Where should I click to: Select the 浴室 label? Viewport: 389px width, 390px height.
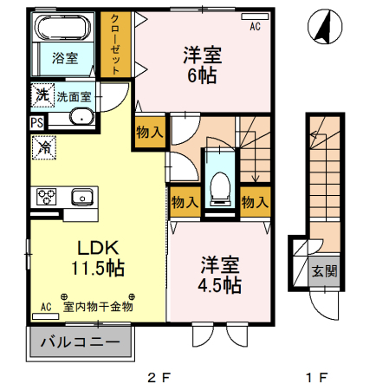point(64,59)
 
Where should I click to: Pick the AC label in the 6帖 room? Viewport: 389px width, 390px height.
point(255,27)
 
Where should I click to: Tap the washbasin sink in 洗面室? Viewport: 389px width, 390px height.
point(81,119)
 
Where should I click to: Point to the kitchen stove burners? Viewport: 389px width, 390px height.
point(45,197)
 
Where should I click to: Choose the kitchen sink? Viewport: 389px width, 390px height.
point(82,196)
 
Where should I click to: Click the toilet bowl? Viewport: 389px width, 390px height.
point(220,185)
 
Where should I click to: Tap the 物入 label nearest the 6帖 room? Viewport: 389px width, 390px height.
point(148,132)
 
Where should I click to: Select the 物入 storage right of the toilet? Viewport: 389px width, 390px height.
point(253,201)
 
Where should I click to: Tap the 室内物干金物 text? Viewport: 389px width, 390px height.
point(98,306)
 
